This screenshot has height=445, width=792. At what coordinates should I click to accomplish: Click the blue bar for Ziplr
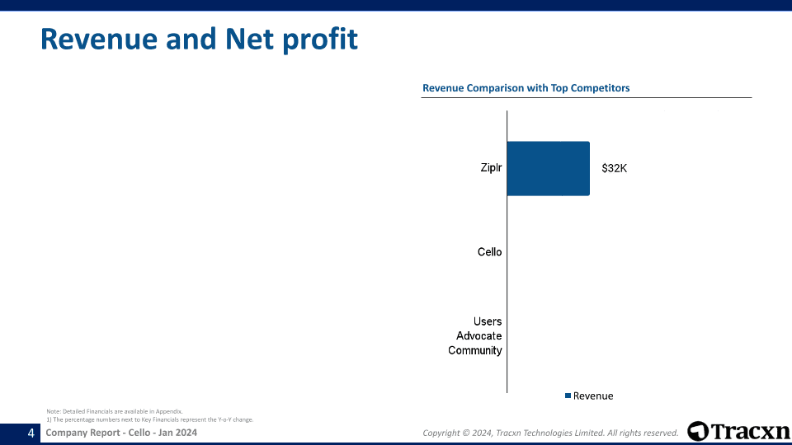(x=548, y=168)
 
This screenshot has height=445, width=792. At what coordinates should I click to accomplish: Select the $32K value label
(x=614, y=168)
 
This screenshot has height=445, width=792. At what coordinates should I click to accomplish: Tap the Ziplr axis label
(x=491, y=168)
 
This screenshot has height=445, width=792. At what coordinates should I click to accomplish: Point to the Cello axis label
(x=489, y=252)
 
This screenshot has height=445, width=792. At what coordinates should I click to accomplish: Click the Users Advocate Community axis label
(x=476, y=336)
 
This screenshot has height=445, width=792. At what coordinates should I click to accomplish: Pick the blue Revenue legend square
(x=568, y=396)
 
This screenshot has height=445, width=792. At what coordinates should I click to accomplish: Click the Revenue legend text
(x=593, y=396)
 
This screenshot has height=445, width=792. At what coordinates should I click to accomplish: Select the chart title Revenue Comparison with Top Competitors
(x=526, y=88)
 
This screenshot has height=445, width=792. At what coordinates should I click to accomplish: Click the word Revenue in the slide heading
(x=98, y=39)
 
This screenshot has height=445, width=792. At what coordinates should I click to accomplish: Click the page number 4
(x=31, y=433)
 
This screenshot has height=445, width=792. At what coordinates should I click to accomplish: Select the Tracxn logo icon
(x=698, y=432)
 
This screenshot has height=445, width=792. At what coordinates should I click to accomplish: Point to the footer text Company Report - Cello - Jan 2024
(x=121, y=433)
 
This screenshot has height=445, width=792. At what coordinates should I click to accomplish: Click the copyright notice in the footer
(x=549, y=433)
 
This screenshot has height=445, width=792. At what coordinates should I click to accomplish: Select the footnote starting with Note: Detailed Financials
(x=114, y=410)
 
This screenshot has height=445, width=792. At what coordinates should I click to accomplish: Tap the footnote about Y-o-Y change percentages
(x=149, y=419)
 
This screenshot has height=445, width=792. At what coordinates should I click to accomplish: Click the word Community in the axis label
(x=475, y=351)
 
